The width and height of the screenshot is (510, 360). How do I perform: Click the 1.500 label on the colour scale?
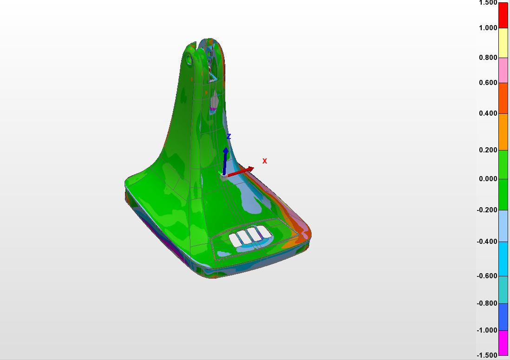[x=488, y=3]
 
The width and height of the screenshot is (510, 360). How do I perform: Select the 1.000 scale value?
[x=488, y=28]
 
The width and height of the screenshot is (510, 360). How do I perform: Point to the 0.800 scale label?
[x=488, y=58]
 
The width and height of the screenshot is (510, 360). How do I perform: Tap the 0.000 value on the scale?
[x=488, y=179]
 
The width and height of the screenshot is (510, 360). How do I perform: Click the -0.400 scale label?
[x=487, y=242]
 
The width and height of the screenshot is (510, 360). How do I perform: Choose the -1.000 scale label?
[x=487, y=330]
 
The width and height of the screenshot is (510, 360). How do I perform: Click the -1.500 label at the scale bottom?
[x=487, y=355]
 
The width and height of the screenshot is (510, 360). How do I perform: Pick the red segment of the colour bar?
[x=503, y=15]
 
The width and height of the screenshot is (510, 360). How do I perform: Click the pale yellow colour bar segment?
[x=503, y=43]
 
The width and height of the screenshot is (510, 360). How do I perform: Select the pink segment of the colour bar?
[x=503, y=70]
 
